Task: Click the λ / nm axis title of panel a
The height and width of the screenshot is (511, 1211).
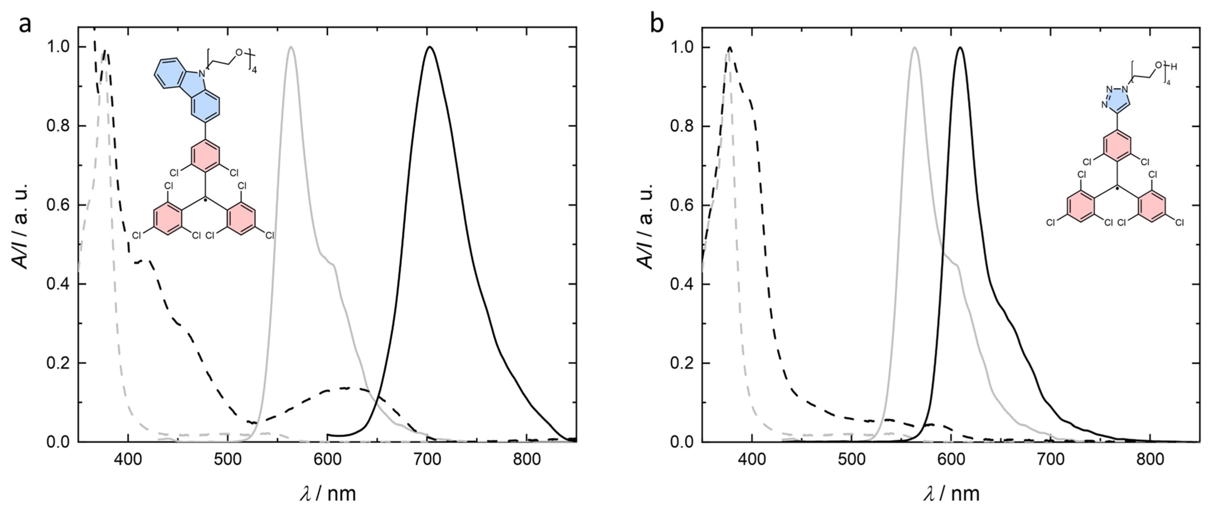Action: [x=328, y=493]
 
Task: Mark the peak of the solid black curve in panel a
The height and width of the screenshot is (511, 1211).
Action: [x=429, y=47]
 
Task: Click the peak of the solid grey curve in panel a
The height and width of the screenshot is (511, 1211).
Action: [x=291, y=47]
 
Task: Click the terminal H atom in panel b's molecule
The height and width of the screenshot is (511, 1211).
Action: [x=1174, y=67]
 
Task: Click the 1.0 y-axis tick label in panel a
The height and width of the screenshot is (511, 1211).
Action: [x=59, y=47]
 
